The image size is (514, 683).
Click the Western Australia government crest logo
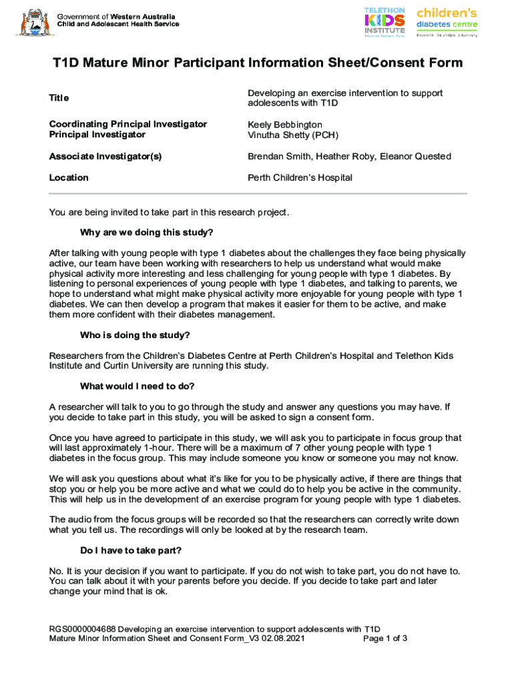pos(32,22)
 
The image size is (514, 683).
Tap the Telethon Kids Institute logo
pos(384,22)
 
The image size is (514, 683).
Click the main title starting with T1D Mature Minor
pos(257,63)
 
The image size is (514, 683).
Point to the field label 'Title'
pos(59,98)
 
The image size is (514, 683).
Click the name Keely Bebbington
pos(285,125)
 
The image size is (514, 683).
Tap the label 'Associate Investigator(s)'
pos(105,156)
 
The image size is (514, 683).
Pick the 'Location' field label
pos(69,177)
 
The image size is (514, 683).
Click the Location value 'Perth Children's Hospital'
pos(300,177)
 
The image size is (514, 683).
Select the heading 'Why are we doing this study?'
pos(146,233)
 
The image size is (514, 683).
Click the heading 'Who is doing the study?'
pos(137,335)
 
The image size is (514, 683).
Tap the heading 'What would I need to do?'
pos(137,386)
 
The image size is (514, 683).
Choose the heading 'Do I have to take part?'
pos(130,550)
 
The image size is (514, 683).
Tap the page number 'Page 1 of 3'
pos(384,638)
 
